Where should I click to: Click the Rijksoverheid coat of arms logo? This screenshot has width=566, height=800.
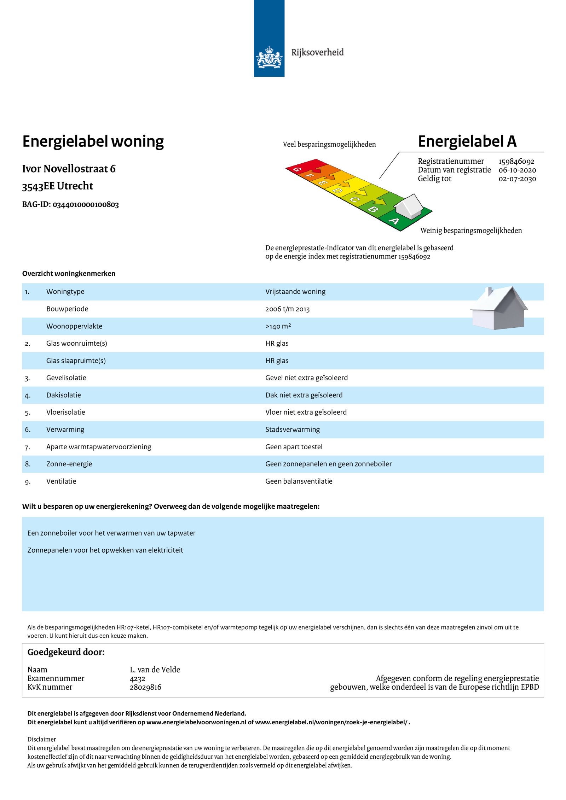coord(269,57)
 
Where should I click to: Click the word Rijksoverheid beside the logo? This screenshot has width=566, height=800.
coord(317,53)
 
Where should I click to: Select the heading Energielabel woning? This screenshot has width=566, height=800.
coord(93,141)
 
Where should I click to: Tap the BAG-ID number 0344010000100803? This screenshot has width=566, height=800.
coord(86,205)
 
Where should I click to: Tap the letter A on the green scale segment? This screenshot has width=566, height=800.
coord(394,221)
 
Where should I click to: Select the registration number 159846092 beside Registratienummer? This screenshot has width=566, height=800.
coord(516,162)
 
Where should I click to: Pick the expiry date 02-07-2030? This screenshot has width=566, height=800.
coord(517,179)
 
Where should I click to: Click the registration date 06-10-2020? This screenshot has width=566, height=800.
coord(517,170)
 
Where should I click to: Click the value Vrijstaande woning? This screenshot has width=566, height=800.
coord(295,292)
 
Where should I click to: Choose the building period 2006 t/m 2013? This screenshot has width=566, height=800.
coord(287,309)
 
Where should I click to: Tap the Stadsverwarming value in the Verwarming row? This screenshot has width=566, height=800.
coord(293,430)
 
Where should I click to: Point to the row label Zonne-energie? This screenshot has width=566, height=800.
coord(69,464)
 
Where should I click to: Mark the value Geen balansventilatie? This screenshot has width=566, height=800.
coord(299,481)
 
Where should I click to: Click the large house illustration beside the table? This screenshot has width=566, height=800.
coord(498,308)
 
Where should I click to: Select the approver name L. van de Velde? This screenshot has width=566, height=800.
coord(155,670)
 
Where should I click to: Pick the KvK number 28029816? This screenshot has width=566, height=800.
coord(145,687)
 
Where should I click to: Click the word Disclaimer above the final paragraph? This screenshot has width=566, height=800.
coord(42,739)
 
